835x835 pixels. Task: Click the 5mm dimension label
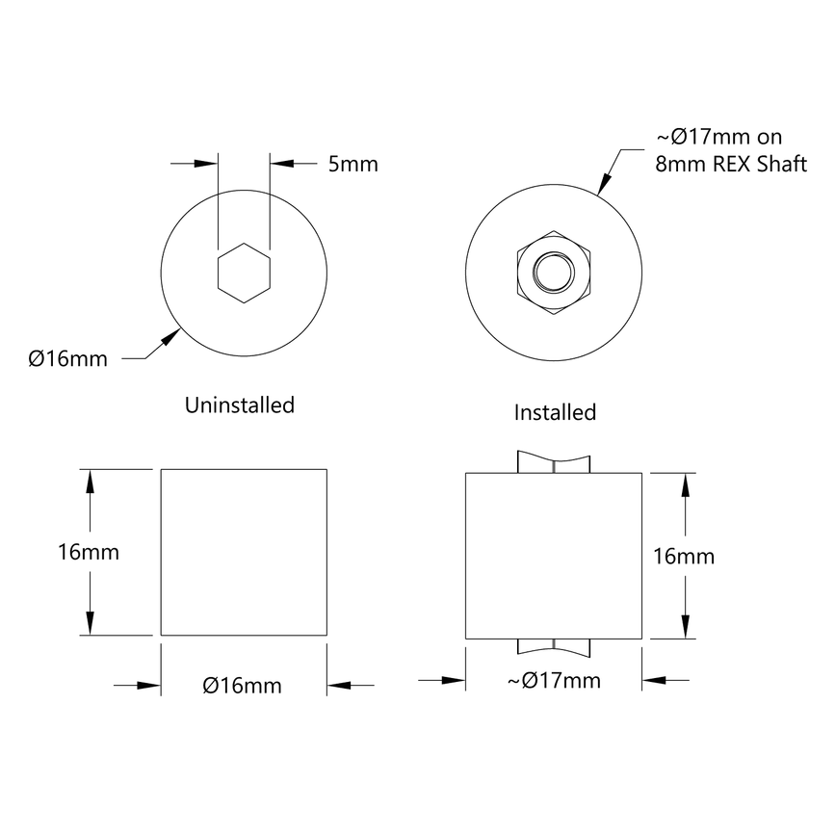[x=352, y=164]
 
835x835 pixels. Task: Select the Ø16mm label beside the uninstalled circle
[x=67, y=359]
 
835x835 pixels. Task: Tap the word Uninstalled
[x=239, y=405]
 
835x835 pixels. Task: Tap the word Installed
[x=555, y=413]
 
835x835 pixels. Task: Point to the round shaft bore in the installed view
[x=553, y=274]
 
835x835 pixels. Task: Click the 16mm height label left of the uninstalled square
[x=89, y=553]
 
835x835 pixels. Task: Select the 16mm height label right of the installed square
[x=684, y=556]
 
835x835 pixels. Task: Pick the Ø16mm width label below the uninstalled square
[x=243, y=686]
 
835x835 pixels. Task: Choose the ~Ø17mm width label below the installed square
[x=554, y=681]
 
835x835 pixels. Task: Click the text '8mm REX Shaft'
[x=731, y=164]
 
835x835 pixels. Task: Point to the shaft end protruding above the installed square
[x=554, y=462]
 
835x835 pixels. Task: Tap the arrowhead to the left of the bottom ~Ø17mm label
[x=455, y=680]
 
